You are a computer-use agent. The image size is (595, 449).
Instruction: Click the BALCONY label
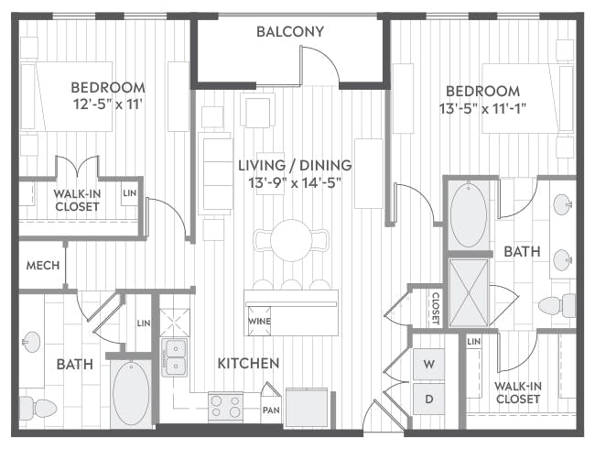click(x=289, y=31)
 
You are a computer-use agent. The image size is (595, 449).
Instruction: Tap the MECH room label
click(x=42, y=266)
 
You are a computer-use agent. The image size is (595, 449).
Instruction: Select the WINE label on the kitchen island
click(x=257, y=322)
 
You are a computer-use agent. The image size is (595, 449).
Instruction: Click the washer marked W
click(x=428, y=364)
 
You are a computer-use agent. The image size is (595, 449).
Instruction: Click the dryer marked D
click(x=428, y=399)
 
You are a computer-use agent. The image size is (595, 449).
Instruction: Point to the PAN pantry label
click(x=270, y=409)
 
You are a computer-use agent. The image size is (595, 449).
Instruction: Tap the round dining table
click(x=291, y=239)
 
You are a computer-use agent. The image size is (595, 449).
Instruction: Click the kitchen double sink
click(x=174, y=357)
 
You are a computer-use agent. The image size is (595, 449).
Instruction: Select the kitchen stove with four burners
click(x=225, y=405)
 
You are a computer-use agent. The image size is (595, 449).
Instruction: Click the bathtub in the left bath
click(x=131, y=393)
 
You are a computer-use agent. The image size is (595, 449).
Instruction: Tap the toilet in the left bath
click(x=38, y=405)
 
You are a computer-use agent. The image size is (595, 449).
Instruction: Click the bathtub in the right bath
click(x=469, y=216)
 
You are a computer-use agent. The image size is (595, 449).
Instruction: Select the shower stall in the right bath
click(x=468, y=293)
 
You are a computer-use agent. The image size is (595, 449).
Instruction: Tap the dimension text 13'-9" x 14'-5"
click(x=295, y=183)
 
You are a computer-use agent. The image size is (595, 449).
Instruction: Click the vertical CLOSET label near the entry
click(x=435, y=308)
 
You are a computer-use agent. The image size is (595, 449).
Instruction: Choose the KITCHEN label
click(x=248, y=364)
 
